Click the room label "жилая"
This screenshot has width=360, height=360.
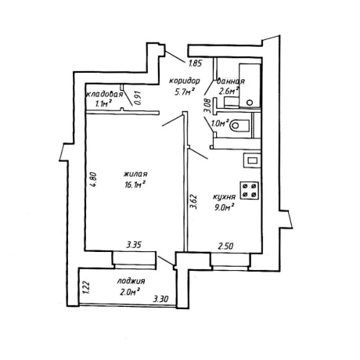click(135, 174)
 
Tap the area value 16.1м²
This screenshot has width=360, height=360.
click(135, 185)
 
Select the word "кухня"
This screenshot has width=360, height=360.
click(225, 196)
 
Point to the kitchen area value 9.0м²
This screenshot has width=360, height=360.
click(224, 207)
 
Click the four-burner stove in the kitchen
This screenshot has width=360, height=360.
click(250, 190)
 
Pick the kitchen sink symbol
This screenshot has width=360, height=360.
click(252, 160)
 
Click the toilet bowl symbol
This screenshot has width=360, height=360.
click(239, 125)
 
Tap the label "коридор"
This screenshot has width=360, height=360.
click(185, 81)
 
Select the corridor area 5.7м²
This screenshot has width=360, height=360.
click(185, 92)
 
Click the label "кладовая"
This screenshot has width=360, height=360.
click(104, 95)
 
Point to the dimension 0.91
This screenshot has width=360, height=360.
click(138, 98)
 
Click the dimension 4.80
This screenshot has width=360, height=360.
click(93, 179)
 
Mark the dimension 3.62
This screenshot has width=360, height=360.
click(193, 202)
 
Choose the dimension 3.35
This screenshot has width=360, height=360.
click(134, 245)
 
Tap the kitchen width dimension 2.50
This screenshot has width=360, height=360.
click(225, 246)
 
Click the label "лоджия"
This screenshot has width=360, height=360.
click(131, 282)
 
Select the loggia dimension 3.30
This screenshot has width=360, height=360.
click(160, 299)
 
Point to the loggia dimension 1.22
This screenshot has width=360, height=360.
click(87, 287)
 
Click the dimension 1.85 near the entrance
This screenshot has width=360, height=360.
click(194, 63)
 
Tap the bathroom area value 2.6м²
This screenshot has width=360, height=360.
click(229, 92)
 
